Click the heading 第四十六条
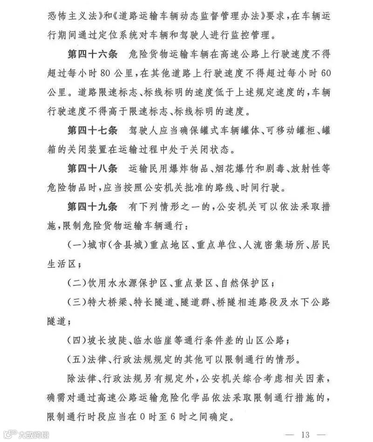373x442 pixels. (93, 54)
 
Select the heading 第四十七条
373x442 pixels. (93, 130)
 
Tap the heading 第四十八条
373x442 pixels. (93, 168)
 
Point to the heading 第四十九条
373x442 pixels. (93, 206)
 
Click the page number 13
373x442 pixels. (305, 435)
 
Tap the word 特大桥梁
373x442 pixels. (106, 302)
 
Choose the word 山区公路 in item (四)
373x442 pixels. (266, 340)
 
